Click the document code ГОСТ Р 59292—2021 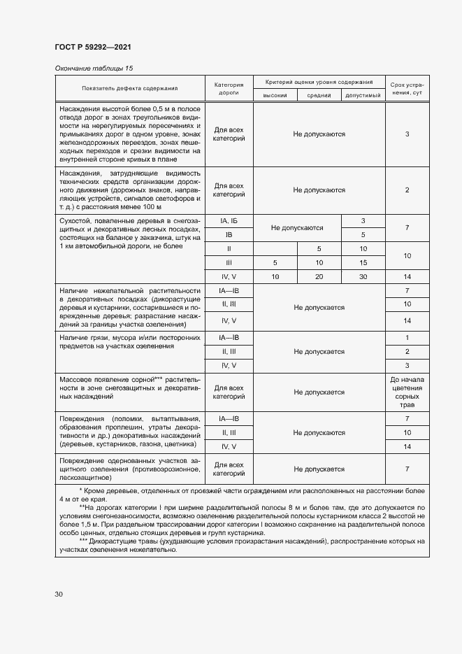point(93,47)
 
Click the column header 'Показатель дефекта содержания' point(129,89)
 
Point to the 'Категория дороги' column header point(228,88)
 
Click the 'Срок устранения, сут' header point(407,88)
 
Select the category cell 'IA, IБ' point(228,221)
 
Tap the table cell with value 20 point(319,277)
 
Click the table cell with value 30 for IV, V point(363,277)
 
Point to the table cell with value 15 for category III point(363,263)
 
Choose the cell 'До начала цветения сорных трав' point(407,392)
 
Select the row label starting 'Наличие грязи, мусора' point(129,341)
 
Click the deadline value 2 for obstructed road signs point(407,190)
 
